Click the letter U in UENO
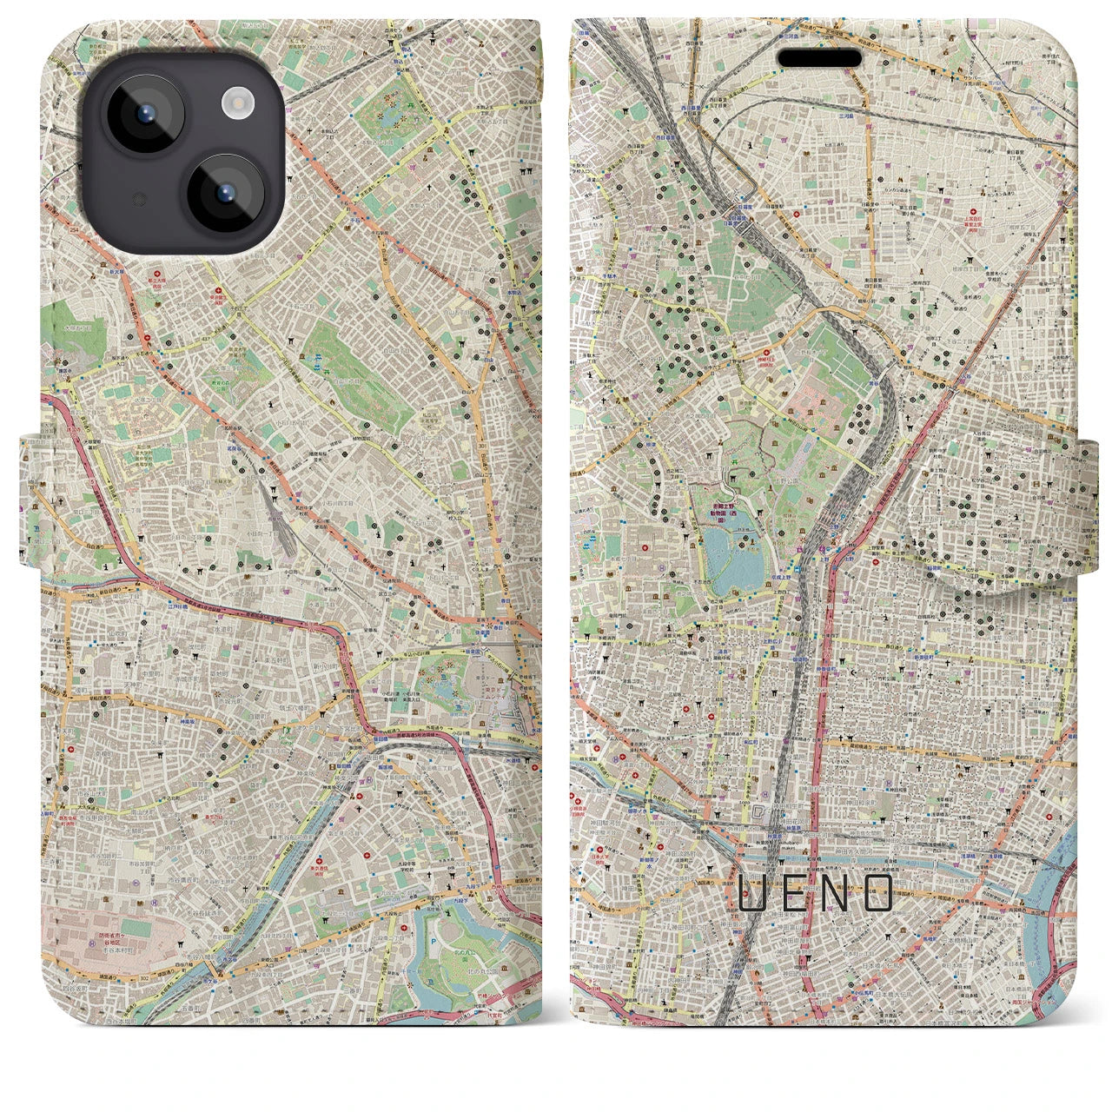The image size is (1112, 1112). point(752,892)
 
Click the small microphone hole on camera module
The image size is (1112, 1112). point(136,201)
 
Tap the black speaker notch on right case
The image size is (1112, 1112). point(819,58)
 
